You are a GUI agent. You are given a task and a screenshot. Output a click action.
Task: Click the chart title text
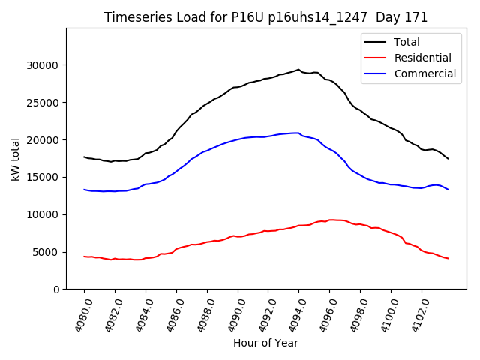point(266,17)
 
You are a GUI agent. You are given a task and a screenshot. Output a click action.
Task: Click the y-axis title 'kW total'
point(15,158)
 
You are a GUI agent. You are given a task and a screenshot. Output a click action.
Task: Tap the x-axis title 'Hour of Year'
point(265,343)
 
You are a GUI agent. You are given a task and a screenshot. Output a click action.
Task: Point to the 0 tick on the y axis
point(56,289)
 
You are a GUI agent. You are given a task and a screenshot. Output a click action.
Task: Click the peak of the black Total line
point(298,69)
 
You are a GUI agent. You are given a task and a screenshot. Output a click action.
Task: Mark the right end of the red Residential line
point(448,259)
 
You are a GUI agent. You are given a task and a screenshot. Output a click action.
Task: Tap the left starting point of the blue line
point(84,190)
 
